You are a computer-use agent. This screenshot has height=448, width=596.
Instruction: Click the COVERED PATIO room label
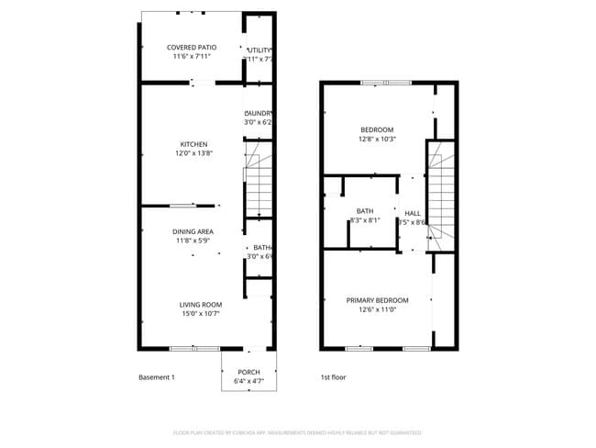pyautogui.click(x=192, y=47)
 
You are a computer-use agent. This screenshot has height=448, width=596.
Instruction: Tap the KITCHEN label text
pyautogui.click(x=193, y=144)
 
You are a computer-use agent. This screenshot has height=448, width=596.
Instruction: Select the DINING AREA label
pyautogui.click(x=193, y=231)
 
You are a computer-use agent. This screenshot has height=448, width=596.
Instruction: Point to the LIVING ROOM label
pyautogui.click(x=200, y=305)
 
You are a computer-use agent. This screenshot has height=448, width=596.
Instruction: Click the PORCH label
pyautogui.click(x=248, y=372)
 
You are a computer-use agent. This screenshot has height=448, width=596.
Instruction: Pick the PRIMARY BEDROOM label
pyautogui.click(x=377, y=300)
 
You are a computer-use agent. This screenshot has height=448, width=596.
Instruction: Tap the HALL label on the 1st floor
pyautogui.click(x=413, y=213)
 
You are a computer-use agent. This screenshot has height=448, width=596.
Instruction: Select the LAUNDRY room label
pyautogui.click(x=258, y=113)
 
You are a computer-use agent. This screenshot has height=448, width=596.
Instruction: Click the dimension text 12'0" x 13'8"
pyautogui.click(x=193, y=153)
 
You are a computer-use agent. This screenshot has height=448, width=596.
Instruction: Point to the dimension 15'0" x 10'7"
pyautogui.click(x=200, y=314)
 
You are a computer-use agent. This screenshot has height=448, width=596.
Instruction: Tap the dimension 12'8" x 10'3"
pyautogui.click(x=376, y=139)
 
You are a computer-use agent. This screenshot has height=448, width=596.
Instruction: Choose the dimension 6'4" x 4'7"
pyautogui.click(x=248, y=381)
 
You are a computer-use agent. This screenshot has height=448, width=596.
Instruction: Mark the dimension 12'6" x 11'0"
pyautogui.click(x=377, y=309)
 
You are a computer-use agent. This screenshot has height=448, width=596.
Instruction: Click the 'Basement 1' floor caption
pyautogui.click(x=156, y=377)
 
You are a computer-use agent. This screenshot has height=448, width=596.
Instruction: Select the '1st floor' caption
pyautogui.click(x=333, y=377)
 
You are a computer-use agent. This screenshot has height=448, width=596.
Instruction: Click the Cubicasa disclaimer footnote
pyautogui.click(x=297, y=431)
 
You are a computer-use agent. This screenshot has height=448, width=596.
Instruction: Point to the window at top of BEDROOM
pyautogui.click(x=386, y=83)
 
